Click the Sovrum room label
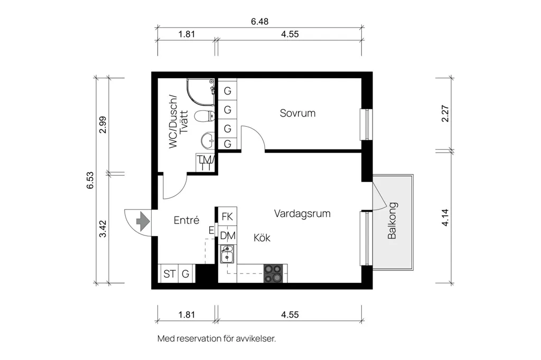[297, 113]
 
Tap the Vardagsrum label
[302, 213]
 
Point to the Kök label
[262, 238]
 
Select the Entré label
[186, 220]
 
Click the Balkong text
[393, 221]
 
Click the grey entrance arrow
[143, 221]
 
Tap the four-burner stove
[273, 273]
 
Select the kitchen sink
[227, 254]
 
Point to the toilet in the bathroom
[204, 116]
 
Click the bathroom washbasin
[208, 140]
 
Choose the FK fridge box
[227, 216]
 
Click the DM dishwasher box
[227, 235]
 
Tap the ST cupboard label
[170, 274]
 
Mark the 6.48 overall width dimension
[259, 22]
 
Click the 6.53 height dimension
[90, 181]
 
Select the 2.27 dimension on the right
[445, 113]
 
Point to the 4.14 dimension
[445, 217]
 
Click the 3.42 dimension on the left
[103, 229]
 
